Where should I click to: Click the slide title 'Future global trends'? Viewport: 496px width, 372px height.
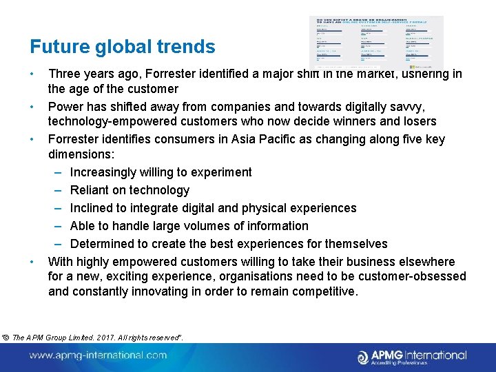tap(122, 47)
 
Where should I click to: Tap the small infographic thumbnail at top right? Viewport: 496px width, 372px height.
tap(376, 43)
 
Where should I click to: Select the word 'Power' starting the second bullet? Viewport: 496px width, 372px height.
tap(65, 107)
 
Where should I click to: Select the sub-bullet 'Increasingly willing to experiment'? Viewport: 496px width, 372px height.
tap(161, 172)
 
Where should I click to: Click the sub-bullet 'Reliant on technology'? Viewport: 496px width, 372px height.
tap(130, 190)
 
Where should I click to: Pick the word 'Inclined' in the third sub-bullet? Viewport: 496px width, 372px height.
tap(92, 208)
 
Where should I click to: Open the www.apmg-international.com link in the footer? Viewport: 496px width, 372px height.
tap(98, 355)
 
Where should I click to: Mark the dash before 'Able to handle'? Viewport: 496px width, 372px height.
tap(59, 226)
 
